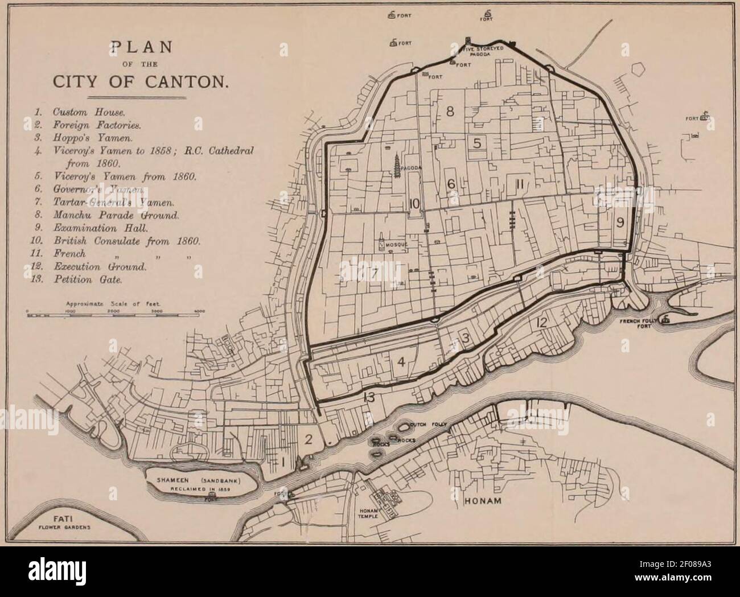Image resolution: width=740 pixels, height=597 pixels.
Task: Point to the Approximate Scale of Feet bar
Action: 113,314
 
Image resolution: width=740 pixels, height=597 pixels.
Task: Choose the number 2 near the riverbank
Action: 309,439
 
